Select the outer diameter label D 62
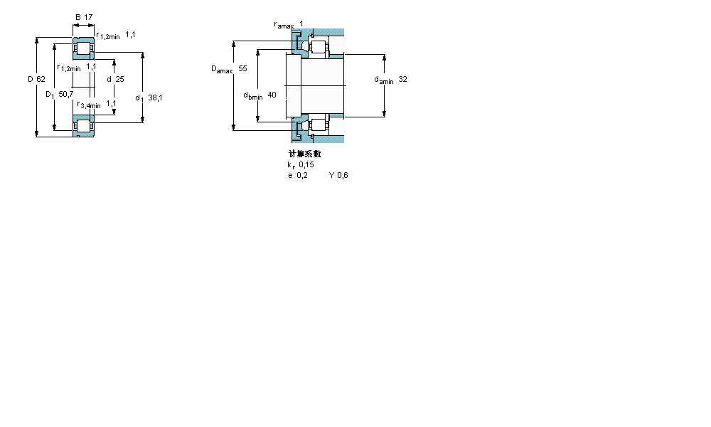click(36, 79)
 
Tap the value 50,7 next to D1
click(65, 94)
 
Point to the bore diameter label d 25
click(115, 79)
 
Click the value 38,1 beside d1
click(155, 98)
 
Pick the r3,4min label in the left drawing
click(89, 105)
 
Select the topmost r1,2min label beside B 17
click(107, 35)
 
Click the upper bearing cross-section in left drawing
click(84, 48)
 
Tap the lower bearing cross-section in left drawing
click(84, 125)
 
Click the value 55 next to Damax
click(242, 69)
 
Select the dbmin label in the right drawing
click(252, 95)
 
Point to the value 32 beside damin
click(403, 80)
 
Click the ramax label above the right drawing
click(284, 25)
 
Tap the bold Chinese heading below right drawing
click(304, 154)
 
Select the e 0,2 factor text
click(297, 175)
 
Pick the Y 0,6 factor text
click(338, 175)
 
